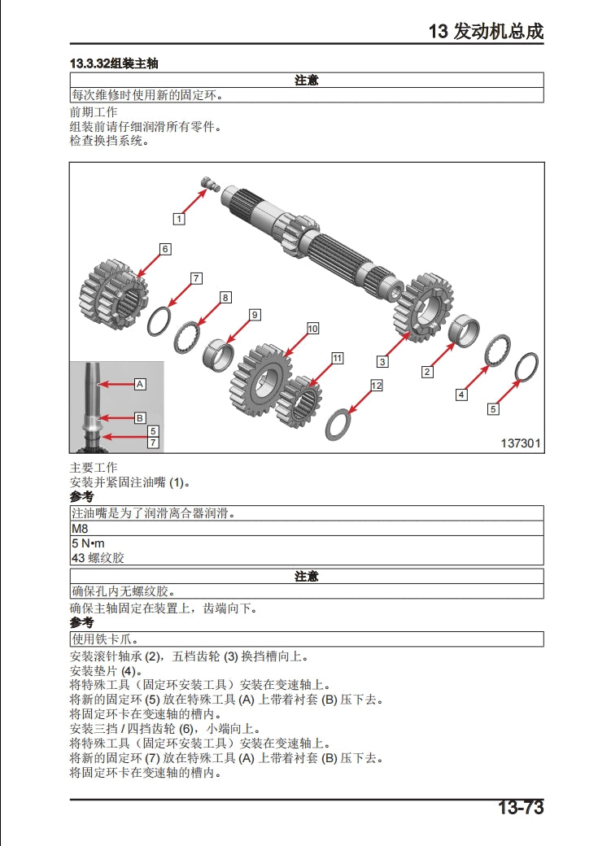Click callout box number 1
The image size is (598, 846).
(179, 218)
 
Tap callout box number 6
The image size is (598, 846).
(165, 249)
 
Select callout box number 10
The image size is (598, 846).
(312, 329)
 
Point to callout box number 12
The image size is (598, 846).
(376, 386)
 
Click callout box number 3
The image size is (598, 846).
(382, 362)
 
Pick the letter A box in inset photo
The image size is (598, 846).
(139, 383)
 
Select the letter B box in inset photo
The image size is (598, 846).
(139, 417)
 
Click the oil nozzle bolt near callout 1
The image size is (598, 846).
(210, 184)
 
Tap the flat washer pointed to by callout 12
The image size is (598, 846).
(338, 425)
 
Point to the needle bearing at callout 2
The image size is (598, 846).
(465, 330)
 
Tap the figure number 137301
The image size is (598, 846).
(521, 443)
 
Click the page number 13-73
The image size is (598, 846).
(520, 808)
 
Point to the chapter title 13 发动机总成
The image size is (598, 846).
(486, 32)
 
